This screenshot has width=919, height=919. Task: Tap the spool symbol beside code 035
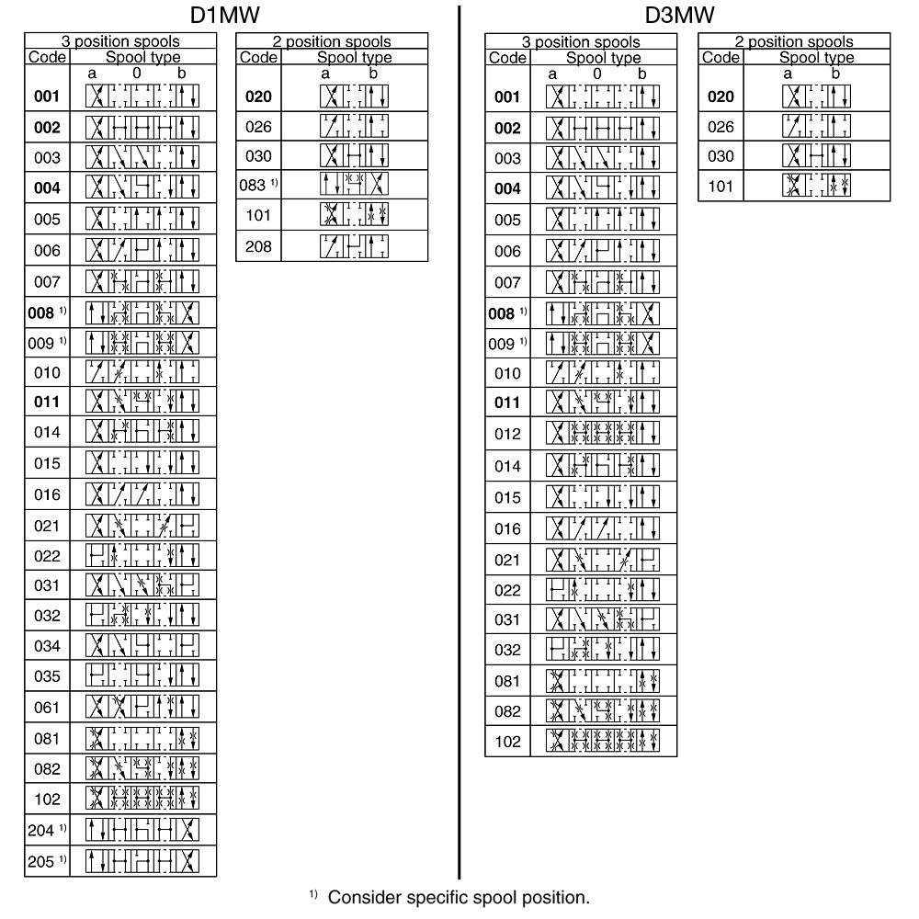point(142,676)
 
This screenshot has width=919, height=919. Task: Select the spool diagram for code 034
point(142,646)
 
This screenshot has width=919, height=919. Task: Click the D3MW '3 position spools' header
point(580,41)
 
